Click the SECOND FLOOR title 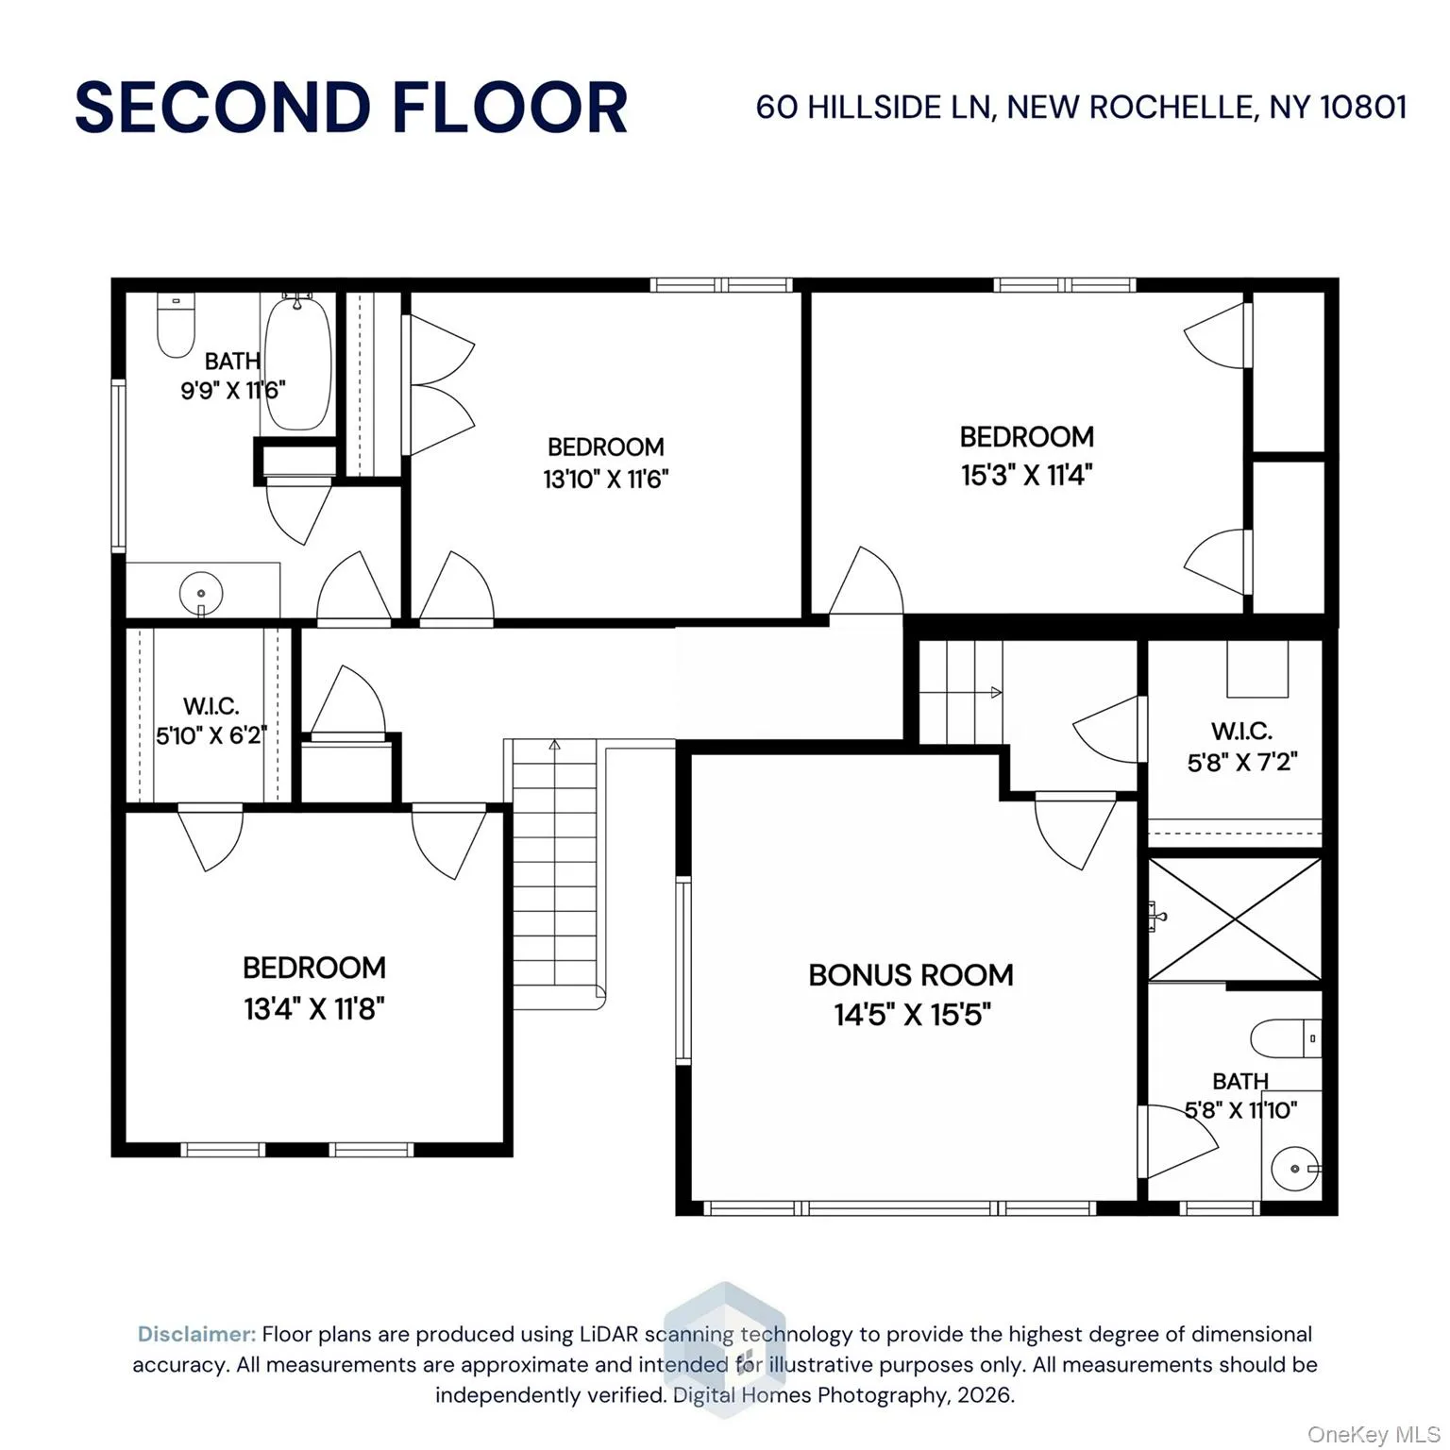[351, 107]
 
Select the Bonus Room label [911, 975]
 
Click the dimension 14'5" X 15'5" [912, 1015]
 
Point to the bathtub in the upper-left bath [297, 363]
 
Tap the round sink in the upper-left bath [201, 594]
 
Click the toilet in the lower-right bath [1284, 1039]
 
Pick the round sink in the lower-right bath [1294, 1170]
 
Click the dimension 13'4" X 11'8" [314, 1009]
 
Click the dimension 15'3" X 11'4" [1027, 474]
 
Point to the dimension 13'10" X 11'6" [605, 479]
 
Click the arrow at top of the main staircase [555, 746]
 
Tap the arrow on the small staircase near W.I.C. [995, 693]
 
